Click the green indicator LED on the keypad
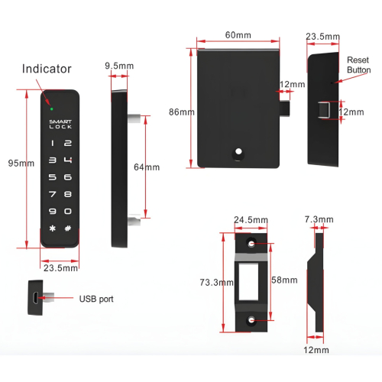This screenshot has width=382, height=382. click(x=52, y=109)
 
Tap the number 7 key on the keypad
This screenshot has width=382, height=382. click(x=53, y=194)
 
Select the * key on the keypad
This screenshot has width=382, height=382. click(x=53, y=228)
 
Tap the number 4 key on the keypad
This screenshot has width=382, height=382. click(x=68, y=160)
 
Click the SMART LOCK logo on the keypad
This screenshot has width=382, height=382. click(x=60, y=124)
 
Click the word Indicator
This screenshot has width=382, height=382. click(x=47, y=69)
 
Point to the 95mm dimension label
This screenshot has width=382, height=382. click(x=21, y=163)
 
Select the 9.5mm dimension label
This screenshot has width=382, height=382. click(x=119, y=66)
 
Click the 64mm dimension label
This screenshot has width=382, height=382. click(x=147, y=167)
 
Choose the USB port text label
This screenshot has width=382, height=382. click(x=96, y=299)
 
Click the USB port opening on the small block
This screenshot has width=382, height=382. click(x=36, y=298)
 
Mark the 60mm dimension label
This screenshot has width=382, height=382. click(x=238, y=35)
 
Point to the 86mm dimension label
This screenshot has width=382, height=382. click(x=182, y=112)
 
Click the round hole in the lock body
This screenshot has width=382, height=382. click(x=238, y=152)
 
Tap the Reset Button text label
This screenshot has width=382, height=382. click(x=358, y=65)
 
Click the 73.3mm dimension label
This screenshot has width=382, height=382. click(x=216, y=283)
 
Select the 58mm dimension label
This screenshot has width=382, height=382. click(x=284, y=280)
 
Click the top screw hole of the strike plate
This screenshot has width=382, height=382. click(x=251, y=244)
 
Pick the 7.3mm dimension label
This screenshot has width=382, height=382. click(x=319, y=219)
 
